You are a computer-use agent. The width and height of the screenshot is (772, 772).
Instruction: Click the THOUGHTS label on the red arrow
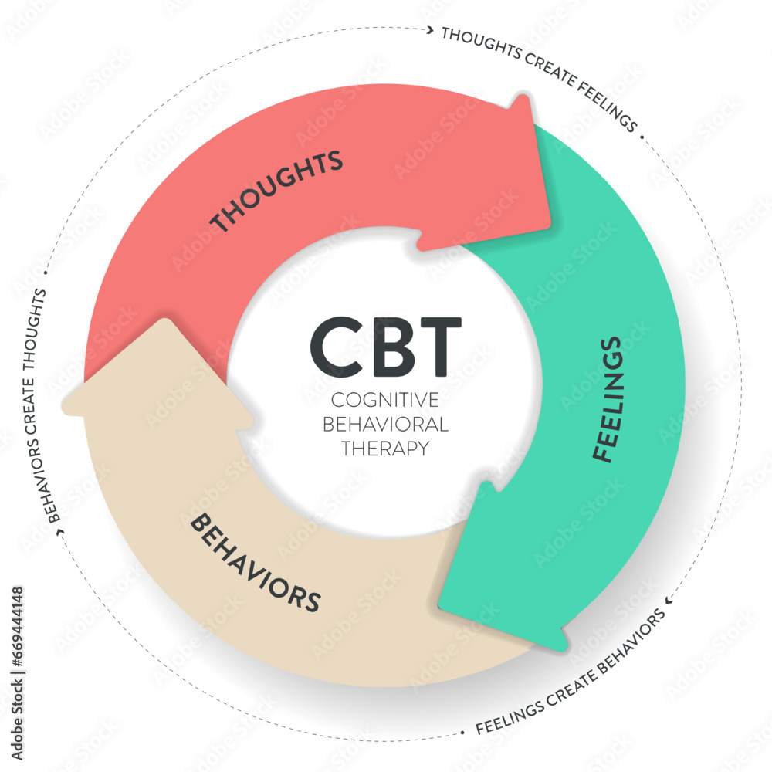[276, 191]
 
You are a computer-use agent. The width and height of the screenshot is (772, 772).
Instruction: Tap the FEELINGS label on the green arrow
[608, 399]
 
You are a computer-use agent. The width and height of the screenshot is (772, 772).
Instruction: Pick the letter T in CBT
[436, 346]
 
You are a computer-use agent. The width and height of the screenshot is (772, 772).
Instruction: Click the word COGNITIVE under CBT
[384, 400]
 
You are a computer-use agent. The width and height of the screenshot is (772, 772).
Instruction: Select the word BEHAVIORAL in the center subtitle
[384, 424]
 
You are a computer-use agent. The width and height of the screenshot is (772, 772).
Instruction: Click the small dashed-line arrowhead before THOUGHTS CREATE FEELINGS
[429, 30]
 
